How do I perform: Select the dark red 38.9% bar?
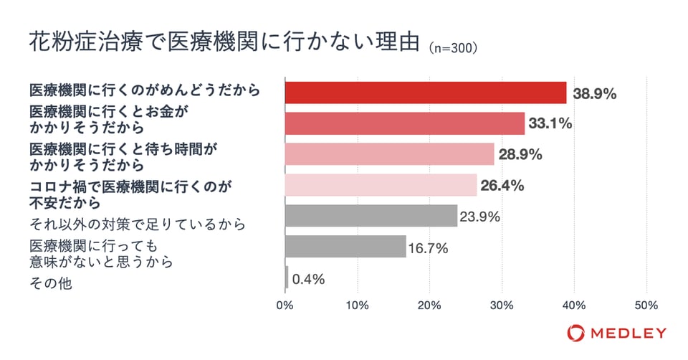click(426, 93)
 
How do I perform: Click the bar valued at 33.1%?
click(405, 123)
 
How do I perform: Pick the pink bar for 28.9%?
click(390, 154)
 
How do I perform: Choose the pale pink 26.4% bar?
click(381, 185)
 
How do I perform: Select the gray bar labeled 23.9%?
click(371, 216)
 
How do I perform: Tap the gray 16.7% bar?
click(345, 247)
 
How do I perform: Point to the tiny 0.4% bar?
click(287, 278)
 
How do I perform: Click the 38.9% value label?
click(595, 93)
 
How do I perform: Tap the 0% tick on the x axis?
click(285, 305)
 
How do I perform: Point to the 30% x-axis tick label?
click(502, 305)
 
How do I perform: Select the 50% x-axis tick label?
click(646, 305)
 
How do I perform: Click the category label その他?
click(50, 285)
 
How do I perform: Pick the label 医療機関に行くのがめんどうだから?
click(143, 92)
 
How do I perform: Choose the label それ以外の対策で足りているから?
click(136, 224)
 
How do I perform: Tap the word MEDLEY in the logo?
click(628, 333)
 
